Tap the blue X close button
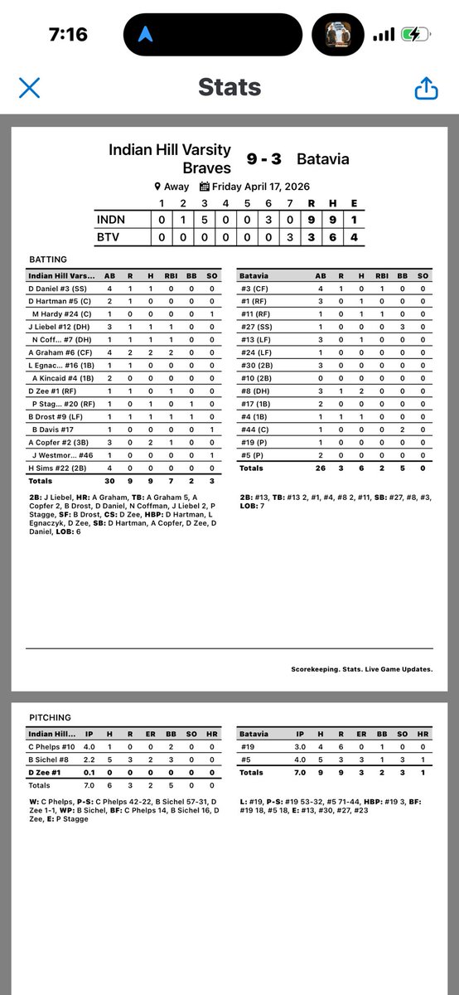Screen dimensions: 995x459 click(29, 88)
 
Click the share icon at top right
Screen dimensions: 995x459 click(427, 88)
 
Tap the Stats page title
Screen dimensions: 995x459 click(229, 88)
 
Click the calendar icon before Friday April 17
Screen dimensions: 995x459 click(205, 187)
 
